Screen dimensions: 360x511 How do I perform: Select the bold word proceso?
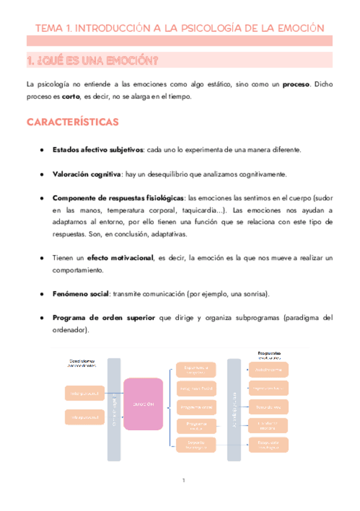tap(297, 85)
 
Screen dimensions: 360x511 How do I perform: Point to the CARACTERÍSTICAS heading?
tap(72, 122)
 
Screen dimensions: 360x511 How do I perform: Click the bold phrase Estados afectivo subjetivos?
tap(98, 149)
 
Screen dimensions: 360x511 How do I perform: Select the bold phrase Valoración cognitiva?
tap(87, 174)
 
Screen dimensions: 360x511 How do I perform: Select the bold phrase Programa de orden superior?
tap(104, 318)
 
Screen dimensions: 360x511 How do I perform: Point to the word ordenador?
tap(70, 330)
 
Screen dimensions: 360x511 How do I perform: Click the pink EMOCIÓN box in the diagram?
tap(143, 404)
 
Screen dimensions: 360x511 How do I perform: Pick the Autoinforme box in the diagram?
tap(268, 369)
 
